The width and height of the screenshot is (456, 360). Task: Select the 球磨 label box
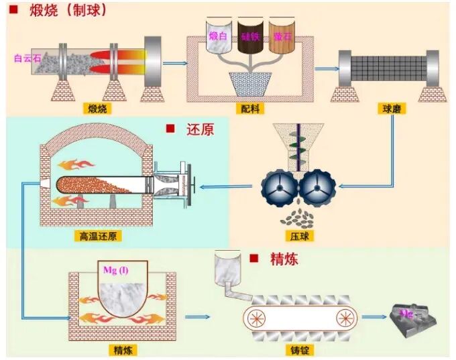tap(392, 108)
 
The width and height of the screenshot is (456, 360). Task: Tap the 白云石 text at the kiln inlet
tap(27, 58)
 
